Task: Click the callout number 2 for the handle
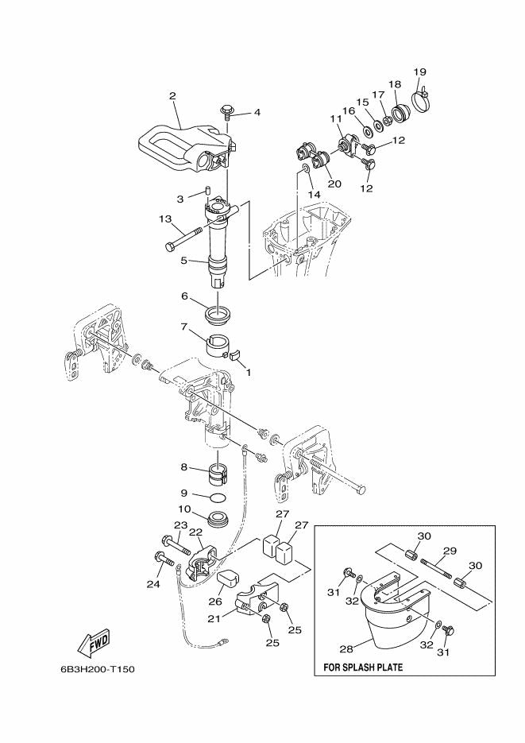(172, 96)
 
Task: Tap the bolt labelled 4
(227, 110)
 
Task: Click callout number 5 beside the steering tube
(183, 260)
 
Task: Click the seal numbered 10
(217, 520)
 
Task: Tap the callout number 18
(395, 84)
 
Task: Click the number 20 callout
(334, 184)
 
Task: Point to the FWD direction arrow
(93, 640)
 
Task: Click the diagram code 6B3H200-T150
(97, 669)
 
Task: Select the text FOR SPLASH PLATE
(363, 668)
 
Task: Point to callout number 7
(184, 327)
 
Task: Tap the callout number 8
(184, 468)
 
